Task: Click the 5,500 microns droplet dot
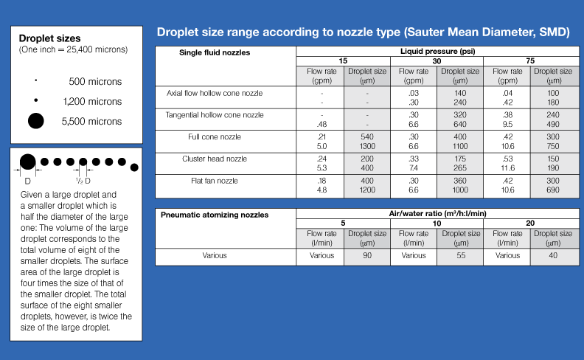coord(35,121)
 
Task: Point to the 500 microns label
coord(95,82)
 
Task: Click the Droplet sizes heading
coord(49,38)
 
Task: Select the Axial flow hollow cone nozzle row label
coord(215,94)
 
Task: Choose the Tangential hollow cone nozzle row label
coord(215,115)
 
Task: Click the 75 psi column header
coord(530,60)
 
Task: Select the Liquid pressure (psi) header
coord(437,52)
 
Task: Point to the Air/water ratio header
coord(437,214)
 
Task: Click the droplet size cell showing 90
coord(367,255)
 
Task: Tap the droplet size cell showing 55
coord(460,255)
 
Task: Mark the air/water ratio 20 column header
coord(530,223)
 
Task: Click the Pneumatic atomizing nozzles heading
coord(215,215)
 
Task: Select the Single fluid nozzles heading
coord(215,52)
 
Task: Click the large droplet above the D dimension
coord(27,162)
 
